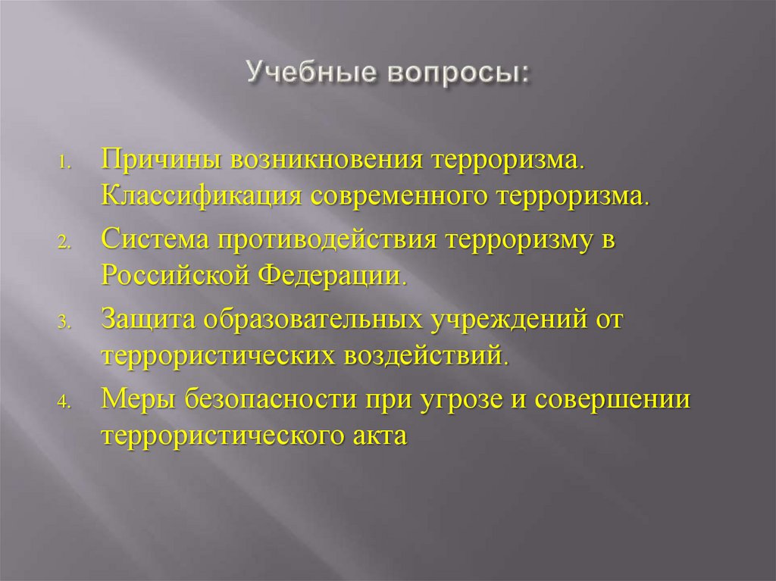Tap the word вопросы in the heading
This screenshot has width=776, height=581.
(455, 76)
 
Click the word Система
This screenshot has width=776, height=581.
(155, 242)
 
